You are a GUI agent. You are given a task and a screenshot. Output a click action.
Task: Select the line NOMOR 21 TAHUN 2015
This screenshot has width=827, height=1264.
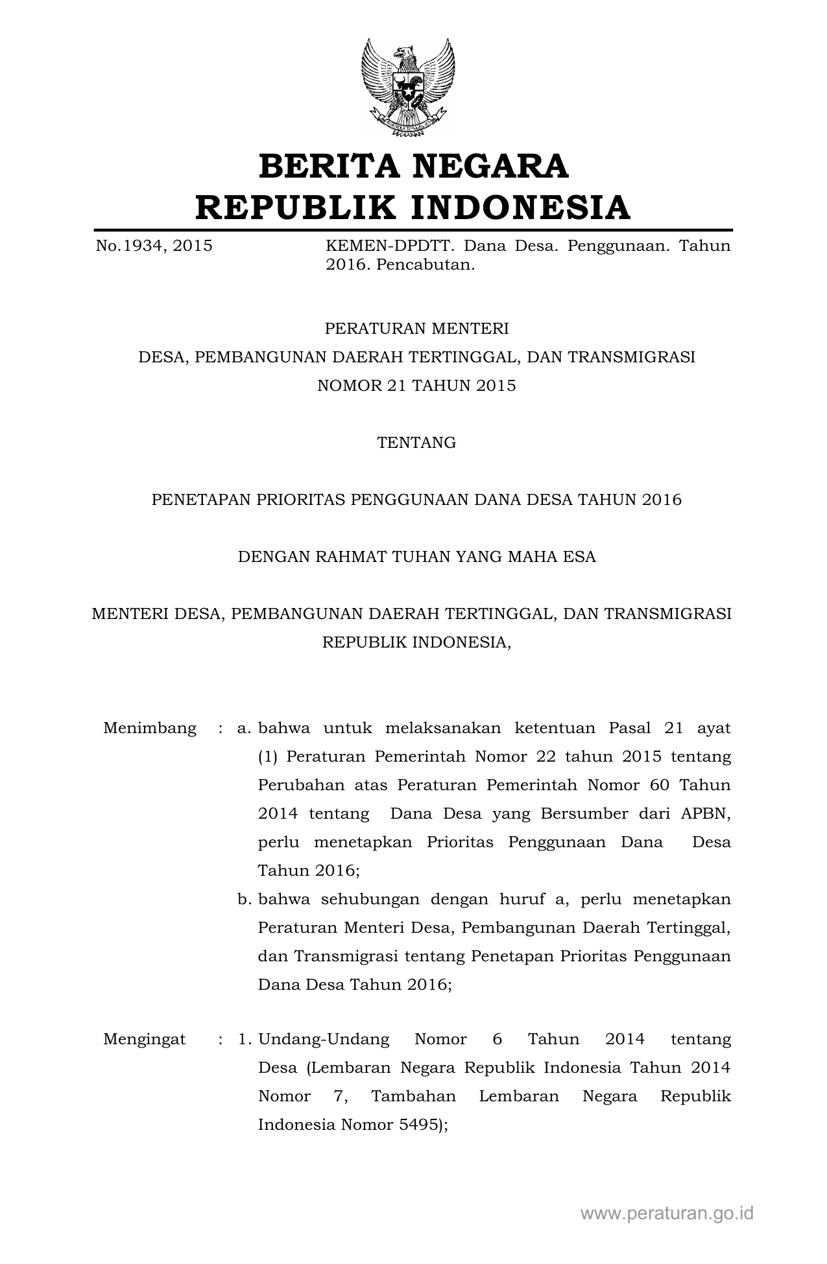(x=416, y=386)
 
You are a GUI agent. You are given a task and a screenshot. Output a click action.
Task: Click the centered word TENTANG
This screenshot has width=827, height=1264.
(x=416, y=443)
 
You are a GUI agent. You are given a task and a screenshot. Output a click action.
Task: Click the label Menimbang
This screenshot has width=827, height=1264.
(x=150, y=728)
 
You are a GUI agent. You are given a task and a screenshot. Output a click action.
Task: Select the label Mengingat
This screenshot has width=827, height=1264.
(x=144, y=1039)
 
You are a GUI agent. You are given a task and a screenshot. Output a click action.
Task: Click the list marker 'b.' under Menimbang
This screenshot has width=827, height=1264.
(x=244, y=899)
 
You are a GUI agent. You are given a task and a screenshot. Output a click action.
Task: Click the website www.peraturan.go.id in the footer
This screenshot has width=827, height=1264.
(x=667, y=1213)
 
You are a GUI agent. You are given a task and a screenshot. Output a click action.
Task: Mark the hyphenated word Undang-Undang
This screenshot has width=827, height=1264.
(x=324, y=1039)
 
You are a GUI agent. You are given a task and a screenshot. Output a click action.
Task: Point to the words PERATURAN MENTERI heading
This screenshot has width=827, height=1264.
(x=416, y=329)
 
